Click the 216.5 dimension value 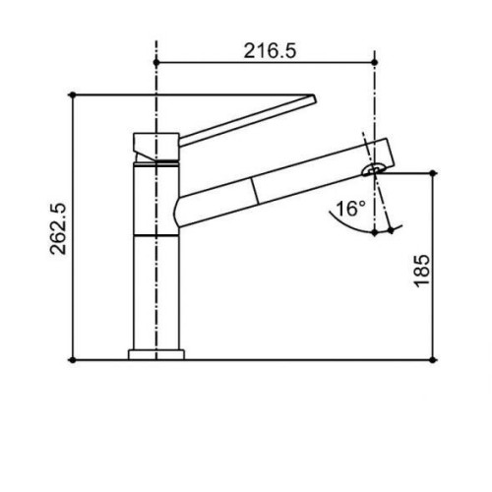270,51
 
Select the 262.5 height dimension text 58,229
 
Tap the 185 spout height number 421,272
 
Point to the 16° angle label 350,209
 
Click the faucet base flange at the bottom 156,355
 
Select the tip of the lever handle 314,99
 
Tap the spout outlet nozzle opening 374,169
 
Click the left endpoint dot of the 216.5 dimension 156,62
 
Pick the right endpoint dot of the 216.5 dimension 375,62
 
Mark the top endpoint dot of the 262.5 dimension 73,95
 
